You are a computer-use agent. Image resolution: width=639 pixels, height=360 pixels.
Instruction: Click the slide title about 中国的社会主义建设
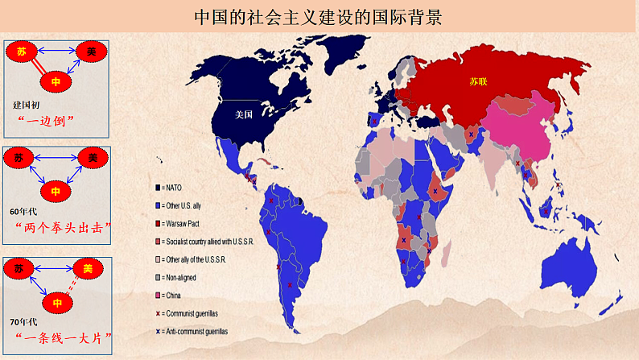coord(319,17)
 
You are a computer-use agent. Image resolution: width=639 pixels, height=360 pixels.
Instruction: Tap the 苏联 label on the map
coord(479,81)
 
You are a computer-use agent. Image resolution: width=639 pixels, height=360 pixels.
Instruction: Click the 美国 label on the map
coord(244,114)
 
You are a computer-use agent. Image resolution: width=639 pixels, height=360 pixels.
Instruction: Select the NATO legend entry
coord(179,187)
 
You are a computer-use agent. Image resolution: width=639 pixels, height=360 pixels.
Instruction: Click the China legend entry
coord(177,296)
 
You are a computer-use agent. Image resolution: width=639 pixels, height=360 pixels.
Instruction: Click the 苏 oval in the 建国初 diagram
coord(22,52)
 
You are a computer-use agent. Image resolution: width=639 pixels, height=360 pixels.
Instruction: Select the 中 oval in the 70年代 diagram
coord(56,303)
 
